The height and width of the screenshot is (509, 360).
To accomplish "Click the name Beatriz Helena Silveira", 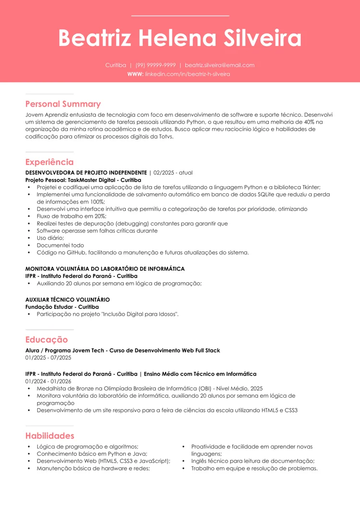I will tap(180, 38).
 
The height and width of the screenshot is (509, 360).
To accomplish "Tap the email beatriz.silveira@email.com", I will tap(219, 65).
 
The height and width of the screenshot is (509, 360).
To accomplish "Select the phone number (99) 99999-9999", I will tap(156, 65).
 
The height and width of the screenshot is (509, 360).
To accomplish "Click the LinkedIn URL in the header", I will tap(187, 74).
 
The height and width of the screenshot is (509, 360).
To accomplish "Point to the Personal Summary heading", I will tap(63, 104).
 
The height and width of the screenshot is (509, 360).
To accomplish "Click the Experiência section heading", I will tap(49, 162).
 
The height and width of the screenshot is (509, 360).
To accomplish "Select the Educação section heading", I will tap(47, 340).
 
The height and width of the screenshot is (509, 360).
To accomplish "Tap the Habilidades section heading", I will tap(50, 436).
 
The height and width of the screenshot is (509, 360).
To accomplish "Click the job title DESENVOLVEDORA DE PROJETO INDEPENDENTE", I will tap(86, 173).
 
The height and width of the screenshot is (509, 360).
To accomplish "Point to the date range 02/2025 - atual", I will tap(173, 173).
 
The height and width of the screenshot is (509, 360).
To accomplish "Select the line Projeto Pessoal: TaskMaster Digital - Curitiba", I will tap(83, 180).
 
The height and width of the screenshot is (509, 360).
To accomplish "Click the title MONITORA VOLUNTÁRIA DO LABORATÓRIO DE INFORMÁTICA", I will tap(105, 269).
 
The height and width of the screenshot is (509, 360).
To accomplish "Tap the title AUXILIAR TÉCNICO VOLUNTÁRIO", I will tap(67, 300).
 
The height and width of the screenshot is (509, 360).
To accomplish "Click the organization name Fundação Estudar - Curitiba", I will tap(62, 307).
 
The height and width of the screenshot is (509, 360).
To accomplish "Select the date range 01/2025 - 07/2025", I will tap(48, 358).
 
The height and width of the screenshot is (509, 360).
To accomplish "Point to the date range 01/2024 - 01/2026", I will tap(48, 381).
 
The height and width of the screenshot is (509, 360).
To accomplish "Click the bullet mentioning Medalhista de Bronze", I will tap(149, 389).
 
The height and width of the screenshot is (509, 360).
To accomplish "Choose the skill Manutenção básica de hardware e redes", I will tap(93, 469).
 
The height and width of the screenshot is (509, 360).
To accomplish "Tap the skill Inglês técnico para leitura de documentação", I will tap(252, 461).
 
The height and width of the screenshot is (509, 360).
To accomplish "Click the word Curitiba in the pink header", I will tap(116, 65).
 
